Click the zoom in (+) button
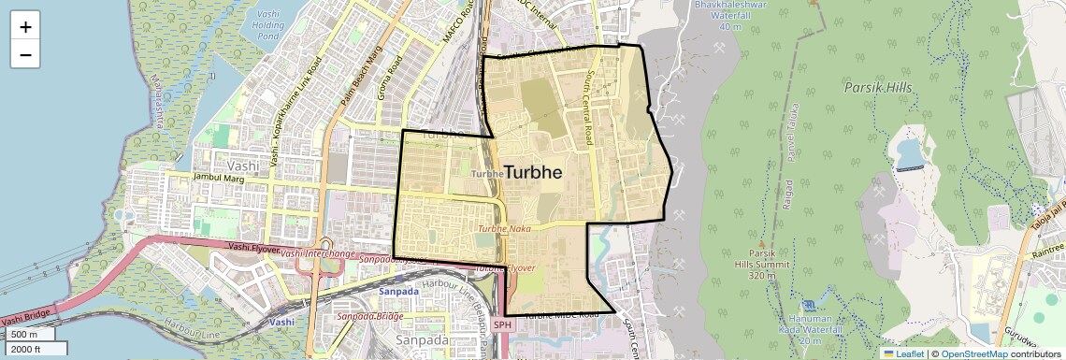coord(25,27)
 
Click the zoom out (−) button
coord(25,54)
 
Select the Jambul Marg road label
coord(218,177)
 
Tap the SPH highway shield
coord(503,324)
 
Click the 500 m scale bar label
coord(24,335)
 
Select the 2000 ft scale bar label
coord(25,349)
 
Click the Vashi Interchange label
coord(318,254)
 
